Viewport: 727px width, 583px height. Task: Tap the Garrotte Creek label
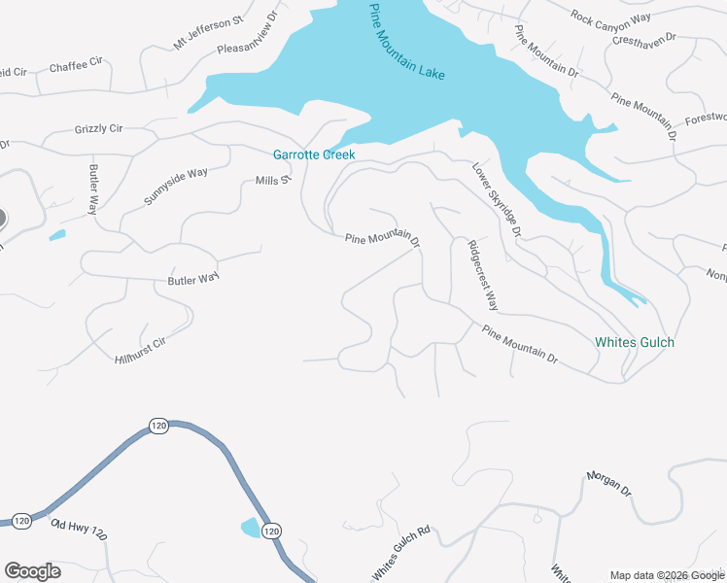point(314,154)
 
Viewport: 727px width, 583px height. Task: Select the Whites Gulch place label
point(635,342)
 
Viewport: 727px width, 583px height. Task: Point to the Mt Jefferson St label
point(208,33)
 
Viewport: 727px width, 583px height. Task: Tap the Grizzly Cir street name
point(98,128)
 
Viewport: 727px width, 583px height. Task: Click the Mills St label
point(273,181)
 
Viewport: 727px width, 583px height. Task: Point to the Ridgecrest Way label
point(482,275)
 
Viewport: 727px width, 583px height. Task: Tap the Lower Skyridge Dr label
point(497,200)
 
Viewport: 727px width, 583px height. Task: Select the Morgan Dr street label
point(609,485)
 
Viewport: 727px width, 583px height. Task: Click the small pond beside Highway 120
point(250,528)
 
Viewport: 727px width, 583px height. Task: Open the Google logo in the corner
point(32,571)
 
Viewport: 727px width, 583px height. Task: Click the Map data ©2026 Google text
point(667,575)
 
